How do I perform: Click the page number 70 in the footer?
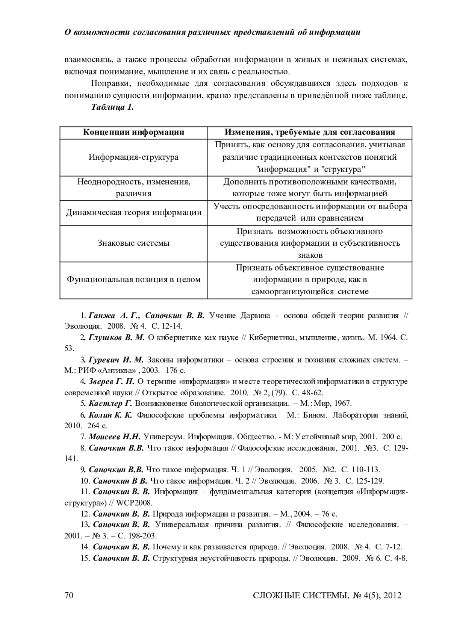click(68, 595)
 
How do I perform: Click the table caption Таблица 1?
click(113, 107)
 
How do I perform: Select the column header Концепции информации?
click(133, 132)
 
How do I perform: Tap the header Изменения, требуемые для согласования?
click(310, 132)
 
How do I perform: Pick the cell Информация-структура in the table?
click(133, 157)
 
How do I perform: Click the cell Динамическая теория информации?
click(134, 213)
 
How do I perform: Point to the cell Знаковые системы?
click(133, 243)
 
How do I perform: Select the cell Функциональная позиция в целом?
click(133, 280)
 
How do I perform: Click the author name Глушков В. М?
click(117, 338)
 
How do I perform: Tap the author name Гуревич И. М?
click(116, 360)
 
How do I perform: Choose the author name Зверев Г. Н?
click(112, 382)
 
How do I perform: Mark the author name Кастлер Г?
click(110, 404)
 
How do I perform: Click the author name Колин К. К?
click(110, 415)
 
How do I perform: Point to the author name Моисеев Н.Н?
click(115, 437)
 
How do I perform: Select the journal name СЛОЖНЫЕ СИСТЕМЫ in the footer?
click(300, 596)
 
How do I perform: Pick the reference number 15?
click(85, 558)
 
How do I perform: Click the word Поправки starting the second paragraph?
click(109, 83)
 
